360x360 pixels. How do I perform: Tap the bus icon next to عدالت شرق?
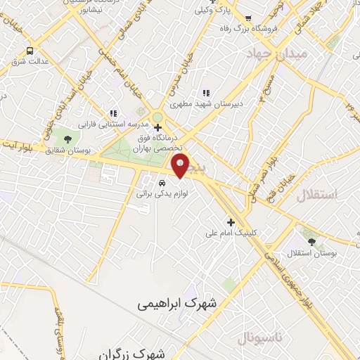tap(30, 51)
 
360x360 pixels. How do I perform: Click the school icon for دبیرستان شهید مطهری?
tap(206, 93)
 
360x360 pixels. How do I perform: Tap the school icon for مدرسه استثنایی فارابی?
tap(112, 112)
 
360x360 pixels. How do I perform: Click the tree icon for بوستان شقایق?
tap(67, 139)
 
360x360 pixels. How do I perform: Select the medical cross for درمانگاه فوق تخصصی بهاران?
tap(157, 128)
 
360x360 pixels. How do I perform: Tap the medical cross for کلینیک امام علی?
tap(231, 222)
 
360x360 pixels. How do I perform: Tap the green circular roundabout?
tap(158, 117)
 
